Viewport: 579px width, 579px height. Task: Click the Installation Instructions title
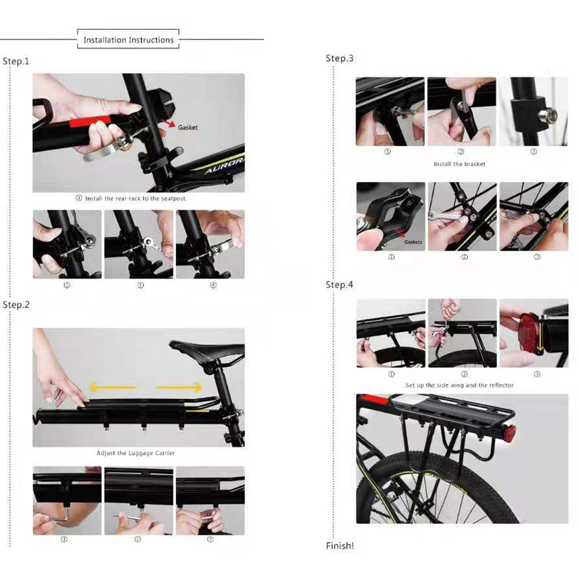click(x=129, y=40)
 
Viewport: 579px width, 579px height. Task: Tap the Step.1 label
click(x=16, y=61)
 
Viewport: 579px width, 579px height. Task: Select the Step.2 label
click(x=16, y=305)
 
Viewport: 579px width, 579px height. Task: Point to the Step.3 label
click(x=339, y=58)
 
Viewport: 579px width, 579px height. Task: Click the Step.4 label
click(x=339, y=285)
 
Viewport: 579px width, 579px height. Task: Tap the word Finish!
click(x=340, y=546)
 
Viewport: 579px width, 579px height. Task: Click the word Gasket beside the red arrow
click(x=188, y=127)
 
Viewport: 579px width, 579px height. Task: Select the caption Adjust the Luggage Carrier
click(x=136, y=453)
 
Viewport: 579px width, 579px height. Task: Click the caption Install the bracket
click(x=459, y=164)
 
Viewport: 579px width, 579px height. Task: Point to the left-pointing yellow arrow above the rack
click(x=113, y=387)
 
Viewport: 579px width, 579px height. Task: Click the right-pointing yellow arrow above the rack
click(x=179, y=387)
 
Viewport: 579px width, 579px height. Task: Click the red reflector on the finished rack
click(x=511, y=431)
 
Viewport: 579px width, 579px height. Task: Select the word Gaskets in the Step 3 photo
click(x=413, y=242)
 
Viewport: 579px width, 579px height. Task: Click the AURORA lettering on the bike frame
click(x=225, y=166)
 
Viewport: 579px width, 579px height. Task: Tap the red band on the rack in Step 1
click(x=90, y=120)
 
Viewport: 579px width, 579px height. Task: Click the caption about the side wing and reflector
click(x=459, y=385)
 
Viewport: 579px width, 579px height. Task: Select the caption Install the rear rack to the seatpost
click(x=131, y=198)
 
